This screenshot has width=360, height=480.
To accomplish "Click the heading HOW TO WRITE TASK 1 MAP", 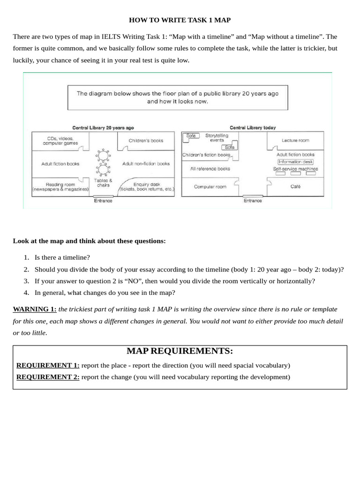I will [x=180, y=20].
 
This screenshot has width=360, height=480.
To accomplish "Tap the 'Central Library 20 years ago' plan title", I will [x=103, y=127].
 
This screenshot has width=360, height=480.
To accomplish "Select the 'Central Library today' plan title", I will [x=253, y=127].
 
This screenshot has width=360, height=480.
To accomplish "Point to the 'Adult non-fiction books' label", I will [x=146, y=164].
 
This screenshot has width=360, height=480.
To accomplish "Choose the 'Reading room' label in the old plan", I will [x=60, y=187].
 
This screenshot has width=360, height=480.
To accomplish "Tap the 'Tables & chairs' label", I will [x=103, y=183].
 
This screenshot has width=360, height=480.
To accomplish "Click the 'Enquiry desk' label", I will [x=147, y=187].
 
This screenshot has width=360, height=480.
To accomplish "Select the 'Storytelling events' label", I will [x=217, y=138].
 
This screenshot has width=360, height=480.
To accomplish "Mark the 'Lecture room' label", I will [x=295, y=140].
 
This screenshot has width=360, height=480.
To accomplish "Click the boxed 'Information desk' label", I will [x=295, y=162].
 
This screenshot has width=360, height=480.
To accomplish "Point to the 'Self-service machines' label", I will [x=295, y=169].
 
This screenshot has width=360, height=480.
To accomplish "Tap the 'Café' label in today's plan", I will [x=295, y=187].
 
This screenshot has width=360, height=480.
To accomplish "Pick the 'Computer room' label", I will [x=210, y=187].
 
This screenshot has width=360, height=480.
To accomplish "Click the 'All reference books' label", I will [x=210, y=169].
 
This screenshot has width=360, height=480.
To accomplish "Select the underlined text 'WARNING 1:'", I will [x=34, y=309].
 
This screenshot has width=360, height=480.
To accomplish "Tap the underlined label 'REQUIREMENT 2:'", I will [x=48, y=377].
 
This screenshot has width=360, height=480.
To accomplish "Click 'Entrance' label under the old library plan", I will [x=103, y=201].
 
